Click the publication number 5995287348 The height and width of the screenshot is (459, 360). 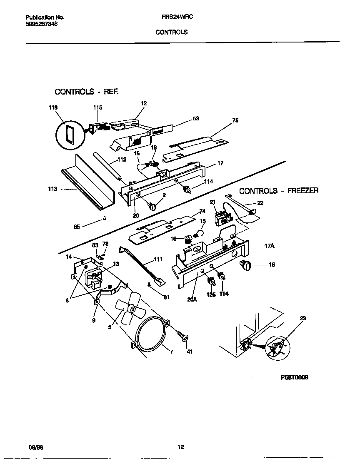pyautogui.click(x=42, y=24)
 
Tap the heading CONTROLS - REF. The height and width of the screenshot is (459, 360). pyautogui.click(x=87, y=91)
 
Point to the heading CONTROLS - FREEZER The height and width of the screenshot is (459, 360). pyautogui.click(x=279, y=191)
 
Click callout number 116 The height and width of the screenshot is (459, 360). pyautogui.click(x=52, y=107)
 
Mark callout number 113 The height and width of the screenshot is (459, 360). pyautogui.click(x=52, y=189)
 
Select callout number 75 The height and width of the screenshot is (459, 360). pyautogui.click(x=235, y=120)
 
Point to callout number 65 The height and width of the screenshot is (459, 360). pyautogui.click(x=77, y=227)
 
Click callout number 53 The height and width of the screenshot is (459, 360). pyautogui.click(x=195, y=118)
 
